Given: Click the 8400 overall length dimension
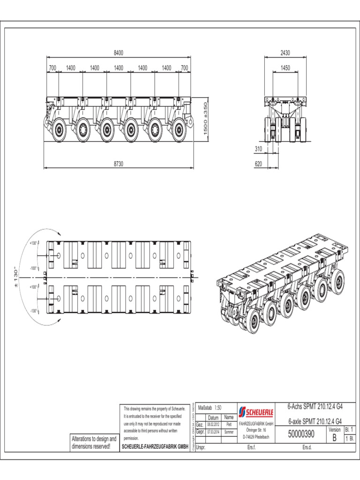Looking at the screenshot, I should (118, 53).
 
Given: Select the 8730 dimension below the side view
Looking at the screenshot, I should (118, 164).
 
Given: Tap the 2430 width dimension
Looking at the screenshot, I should (285, 53).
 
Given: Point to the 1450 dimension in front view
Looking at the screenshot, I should (285, 67).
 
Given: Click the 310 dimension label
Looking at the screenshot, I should (258, 149).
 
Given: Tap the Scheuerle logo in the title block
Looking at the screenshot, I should (256, 412).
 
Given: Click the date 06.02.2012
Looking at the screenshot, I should (213, 424).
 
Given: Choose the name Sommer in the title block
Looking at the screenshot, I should (228, 431).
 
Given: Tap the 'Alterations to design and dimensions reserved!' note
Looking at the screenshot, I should (94, 442).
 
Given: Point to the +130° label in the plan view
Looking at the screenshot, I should (33, 243).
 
